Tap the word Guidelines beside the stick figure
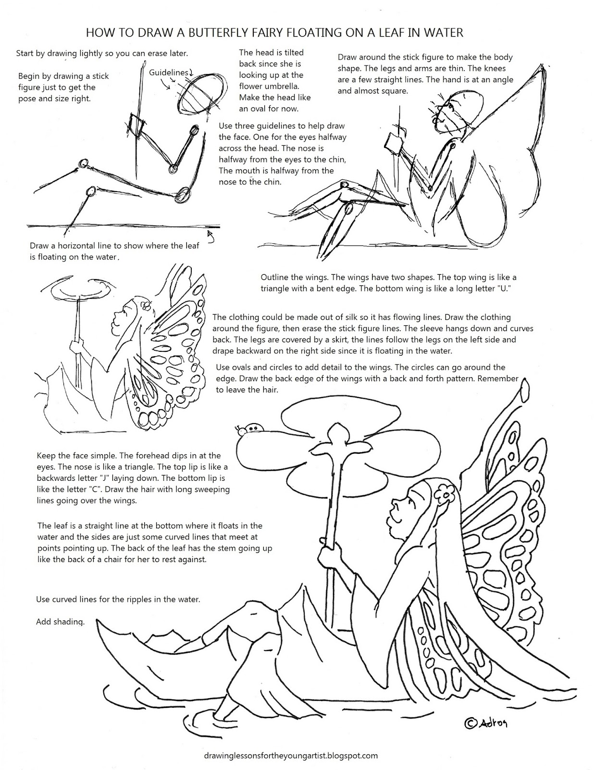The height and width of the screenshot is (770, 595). (168, 72)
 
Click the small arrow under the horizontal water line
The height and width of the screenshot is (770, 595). (210, 235)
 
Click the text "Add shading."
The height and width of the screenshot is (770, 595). (60, 622)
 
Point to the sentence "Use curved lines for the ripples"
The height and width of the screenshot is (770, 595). (118, 600)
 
